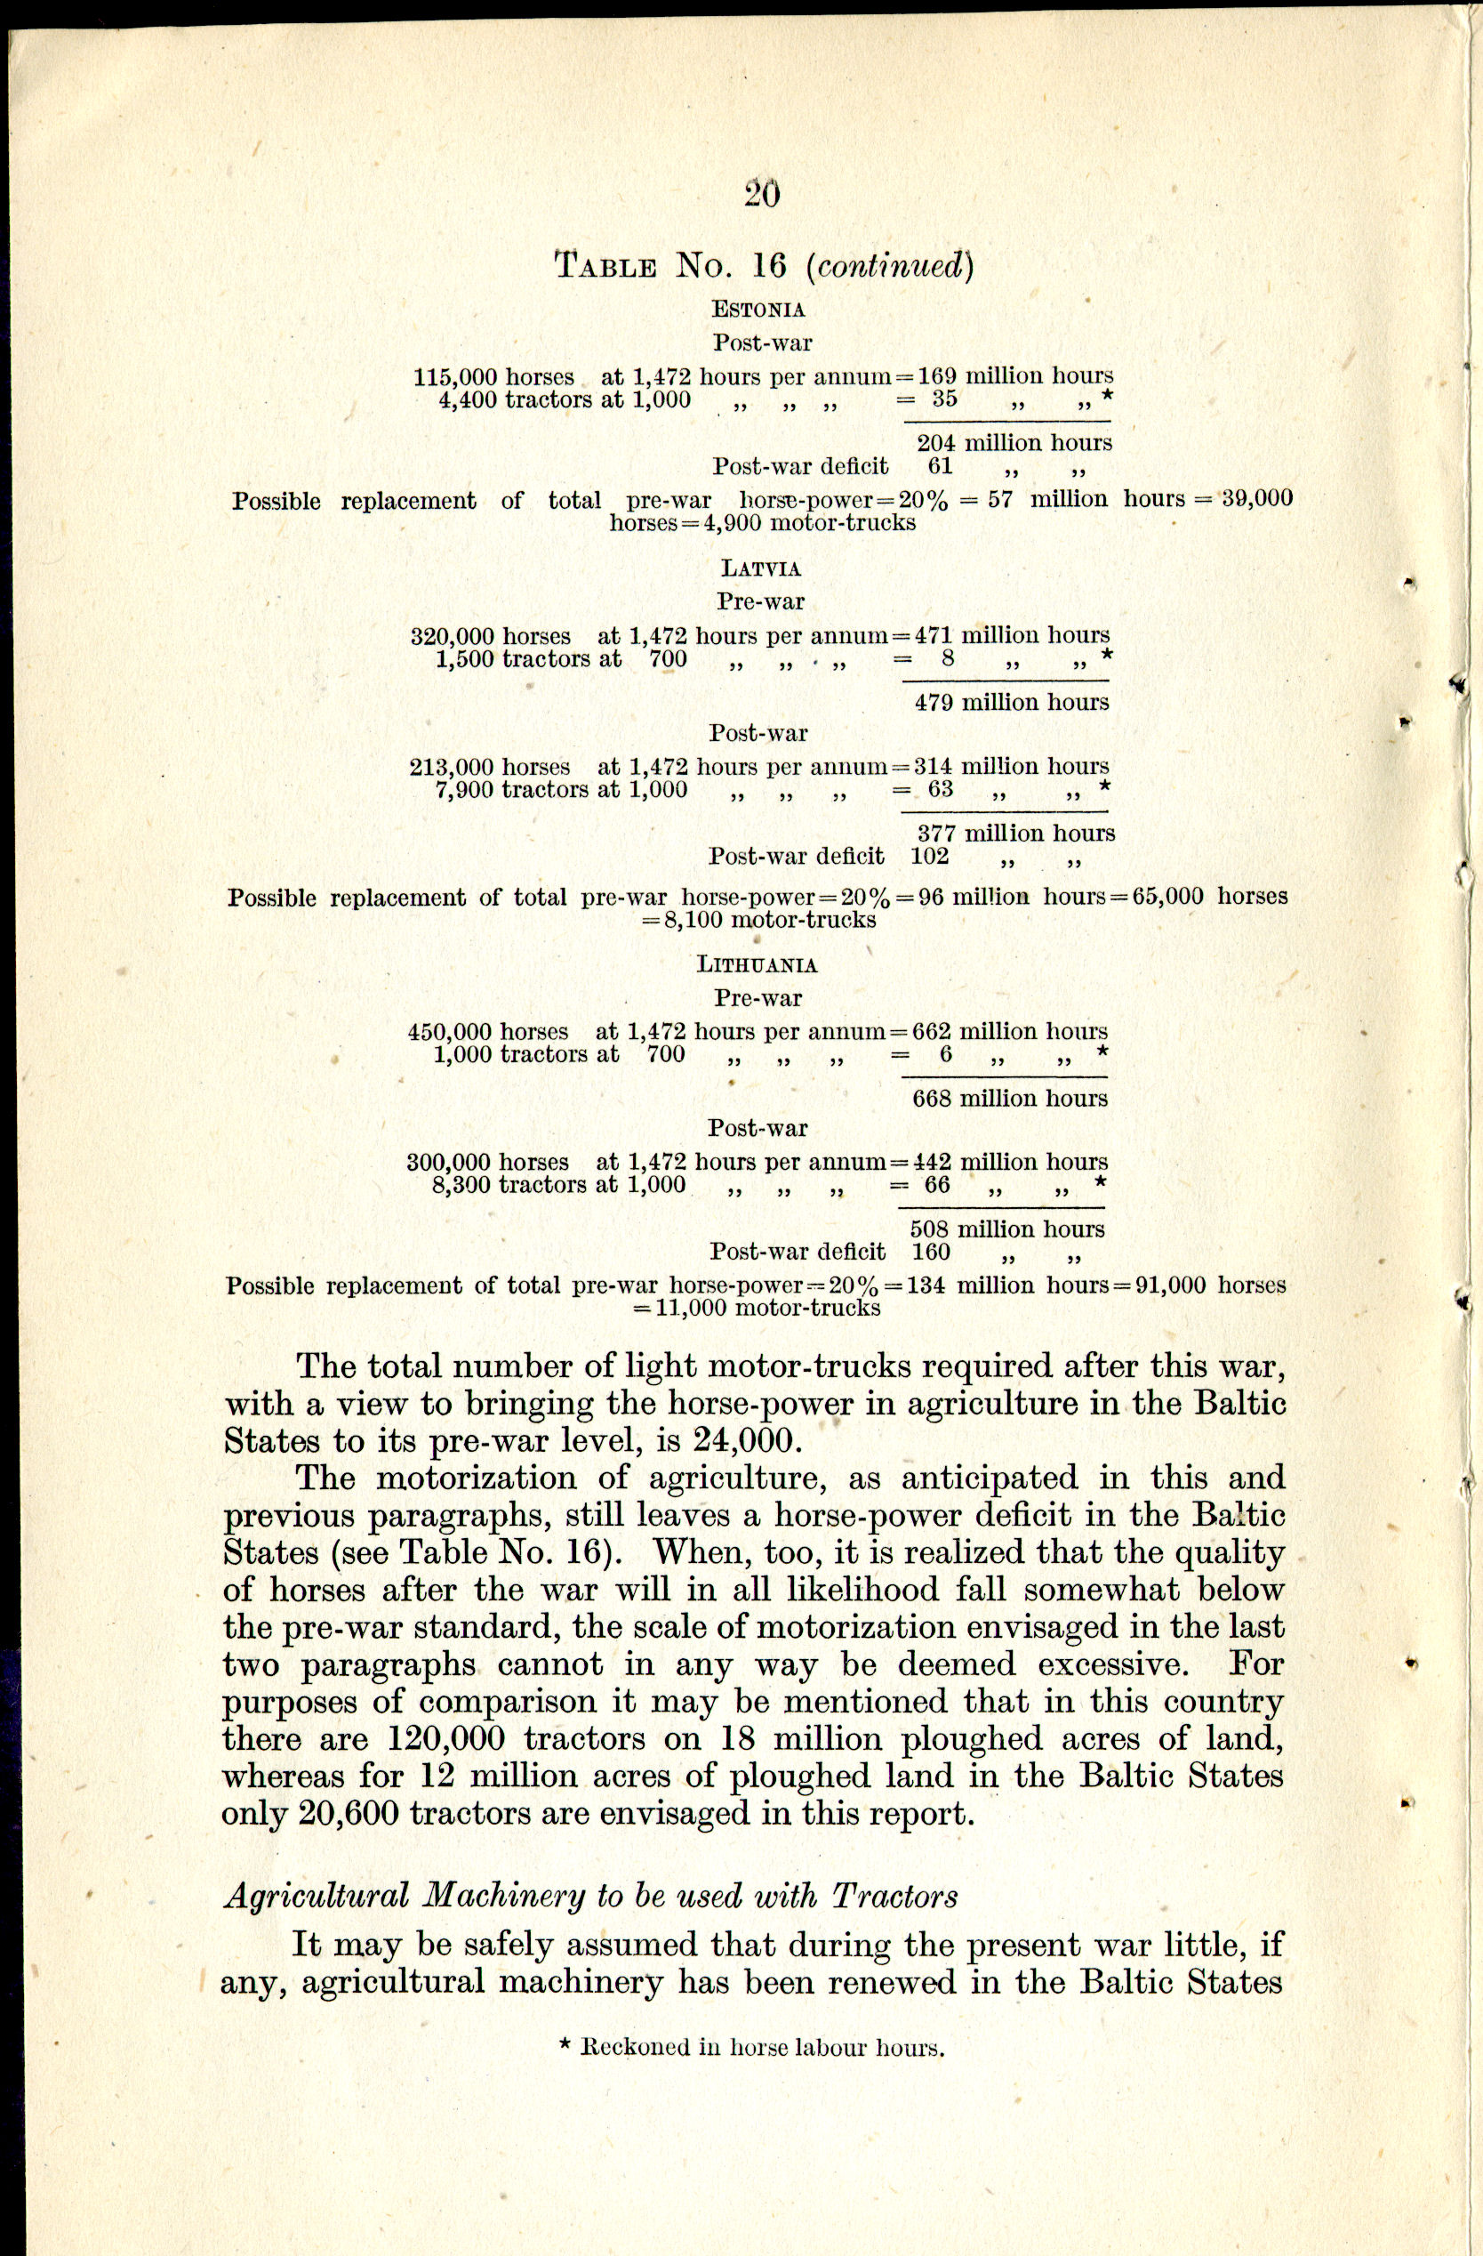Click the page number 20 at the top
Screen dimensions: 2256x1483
pos(762,194)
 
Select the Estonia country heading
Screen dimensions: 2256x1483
pos(758,309)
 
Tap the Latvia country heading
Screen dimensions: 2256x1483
pos(761,568)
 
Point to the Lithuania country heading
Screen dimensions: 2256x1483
pos(758,965)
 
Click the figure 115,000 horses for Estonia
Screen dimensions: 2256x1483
pos(493,377)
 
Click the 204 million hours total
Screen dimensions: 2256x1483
pos(1014,443)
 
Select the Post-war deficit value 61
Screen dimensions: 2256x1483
pos(934,466)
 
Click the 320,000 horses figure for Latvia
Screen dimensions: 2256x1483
pos(490,637)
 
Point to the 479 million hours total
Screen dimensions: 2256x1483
pos(1011,703)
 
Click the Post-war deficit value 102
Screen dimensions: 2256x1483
pos(930,857)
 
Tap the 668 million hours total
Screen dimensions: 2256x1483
pos(1009,1099)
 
